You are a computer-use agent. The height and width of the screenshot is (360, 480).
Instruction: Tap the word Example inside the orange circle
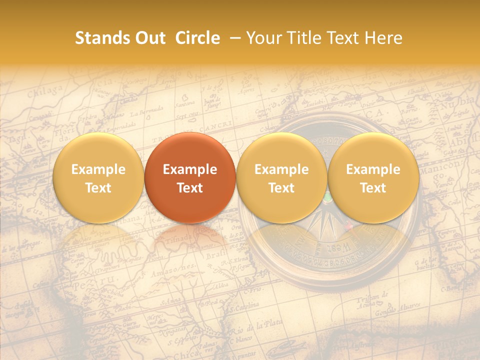click(190, 169)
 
